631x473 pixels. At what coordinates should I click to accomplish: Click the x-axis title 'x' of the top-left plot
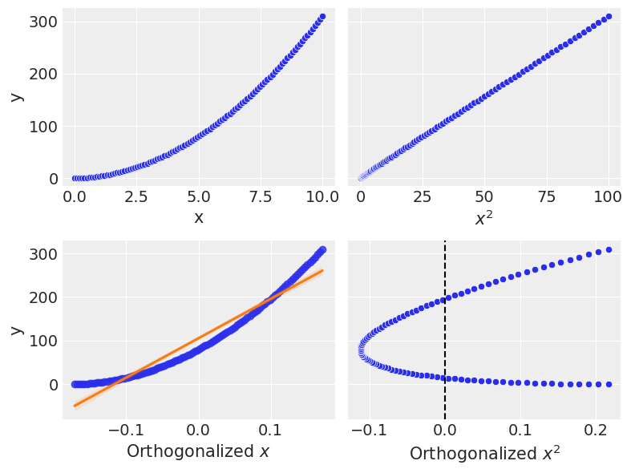tap(198, 217)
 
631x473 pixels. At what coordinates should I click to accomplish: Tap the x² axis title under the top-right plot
tap(483, 217)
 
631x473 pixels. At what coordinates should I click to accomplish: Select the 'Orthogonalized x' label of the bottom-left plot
tap(198, 451)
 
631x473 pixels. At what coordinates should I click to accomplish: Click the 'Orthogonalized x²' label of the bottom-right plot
tap(483, 453)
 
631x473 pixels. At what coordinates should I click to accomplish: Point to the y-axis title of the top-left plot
tap(16, 97)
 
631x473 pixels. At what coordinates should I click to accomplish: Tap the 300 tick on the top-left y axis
tap(39, 22)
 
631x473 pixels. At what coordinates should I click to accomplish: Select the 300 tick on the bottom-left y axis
tap(39, 254)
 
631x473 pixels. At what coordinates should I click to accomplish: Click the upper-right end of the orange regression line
tap(322, 270)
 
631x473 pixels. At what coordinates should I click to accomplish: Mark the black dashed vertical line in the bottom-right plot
tap(445, 337)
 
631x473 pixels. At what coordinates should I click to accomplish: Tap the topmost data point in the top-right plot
tap(609, 16)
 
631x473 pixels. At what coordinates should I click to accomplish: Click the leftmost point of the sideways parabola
tap(362, 350)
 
